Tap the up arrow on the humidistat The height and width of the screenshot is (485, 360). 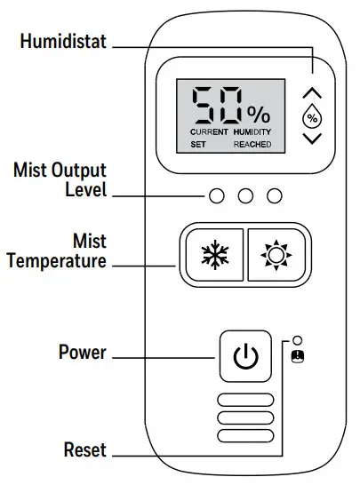312,92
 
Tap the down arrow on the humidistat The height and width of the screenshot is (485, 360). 312,139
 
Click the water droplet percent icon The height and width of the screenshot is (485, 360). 312,115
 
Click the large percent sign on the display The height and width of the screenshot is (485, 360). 259,113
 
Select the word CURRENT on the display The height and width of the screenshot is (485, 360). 209,131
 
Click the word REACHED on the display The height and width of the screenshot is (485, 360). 252,143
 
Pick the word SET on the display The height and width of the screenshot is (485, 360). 198,143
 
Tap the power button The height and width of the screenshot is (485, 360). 244,356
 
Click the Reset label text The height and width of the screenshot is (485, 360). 85,449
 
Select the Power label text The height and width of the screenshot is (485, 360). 82,353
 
